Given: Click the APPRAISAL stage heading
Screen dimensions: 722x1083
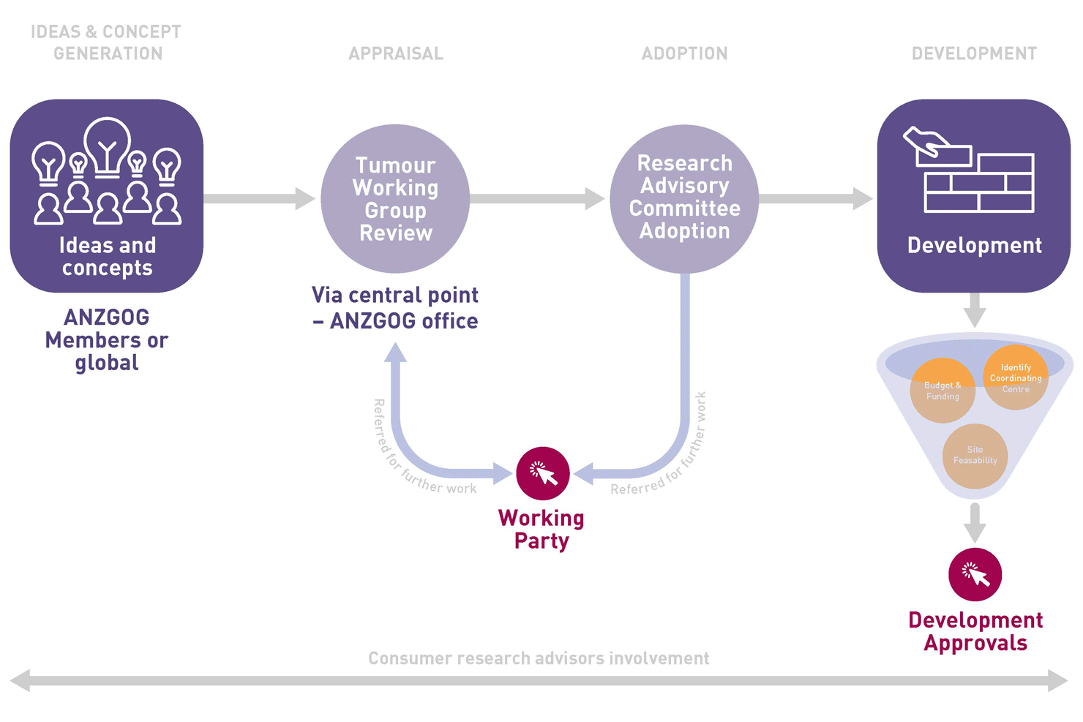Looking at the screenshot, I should (x=396, y=53).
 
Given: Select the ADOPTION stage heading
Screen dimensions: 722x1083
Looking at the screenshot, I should (x=684, y=53).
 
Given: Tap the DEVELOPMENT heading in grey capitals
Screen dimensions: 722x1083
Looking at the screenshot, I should (x=974, y=53).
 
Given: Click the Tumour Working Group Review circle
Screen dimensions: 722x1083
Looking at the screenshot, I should (x=395, y=199).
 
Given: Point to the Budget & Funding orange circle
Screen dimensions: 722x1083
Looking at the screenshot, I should (x=943, y=391).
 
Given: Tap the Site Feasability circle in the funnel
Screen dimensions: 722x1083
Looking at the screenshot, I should (x=975, y=456).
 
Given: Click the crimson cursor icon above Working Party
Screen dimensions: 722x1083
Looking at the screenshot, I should (x=543, y=473).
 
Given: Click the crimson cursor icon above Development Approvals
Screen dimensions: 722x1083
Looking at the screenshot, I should (x=975, y=574).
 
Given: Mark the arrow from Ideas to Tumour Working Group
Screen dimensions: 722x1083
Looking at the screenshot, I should (x=259, y=198).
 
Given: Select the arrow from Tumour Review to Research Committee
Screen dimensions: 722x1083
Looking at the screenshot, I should (x=537, y=198).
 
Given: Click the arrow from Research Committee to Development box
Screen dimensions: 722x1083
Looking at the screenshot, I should (x=815, y=198).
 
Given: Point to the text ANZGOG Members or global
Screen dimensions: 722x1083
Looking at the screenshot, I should (x=107, y=339).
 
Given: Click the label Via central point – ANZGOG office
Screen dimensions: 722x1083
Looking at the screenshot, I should (x=395, y=308).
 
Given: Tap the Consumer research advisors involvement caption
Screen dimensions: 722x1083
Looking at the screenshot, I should (x=539, y=658).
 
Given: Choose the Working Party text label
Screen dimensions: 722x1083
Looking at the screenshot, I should (x=541, y=529).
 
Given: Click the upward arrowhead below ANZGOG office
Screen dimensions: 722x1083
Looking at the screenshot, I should (x=395, y=353).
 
